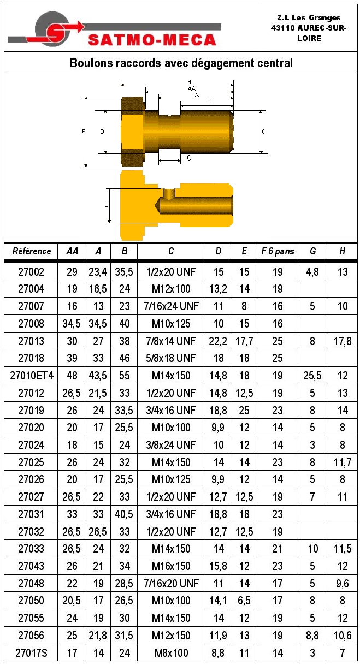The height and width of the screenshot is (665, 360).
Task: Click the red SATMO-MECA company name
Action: [152, 40]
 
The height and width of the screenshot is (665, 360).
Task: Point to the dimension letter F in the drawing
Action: [84, 131]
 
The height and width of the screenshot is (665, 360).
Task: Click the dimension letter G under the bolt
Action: [189, 158]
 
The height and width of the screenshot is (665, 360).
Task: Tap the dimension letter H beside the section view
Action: [107, 207]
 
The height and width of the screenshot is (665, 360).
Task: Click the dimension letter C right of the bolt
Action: [264, 132]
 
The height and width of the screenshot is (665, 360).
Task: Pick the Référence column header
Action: [32, 251]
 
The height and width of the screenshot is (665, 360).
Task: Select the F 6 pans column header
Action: [278, 252]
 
